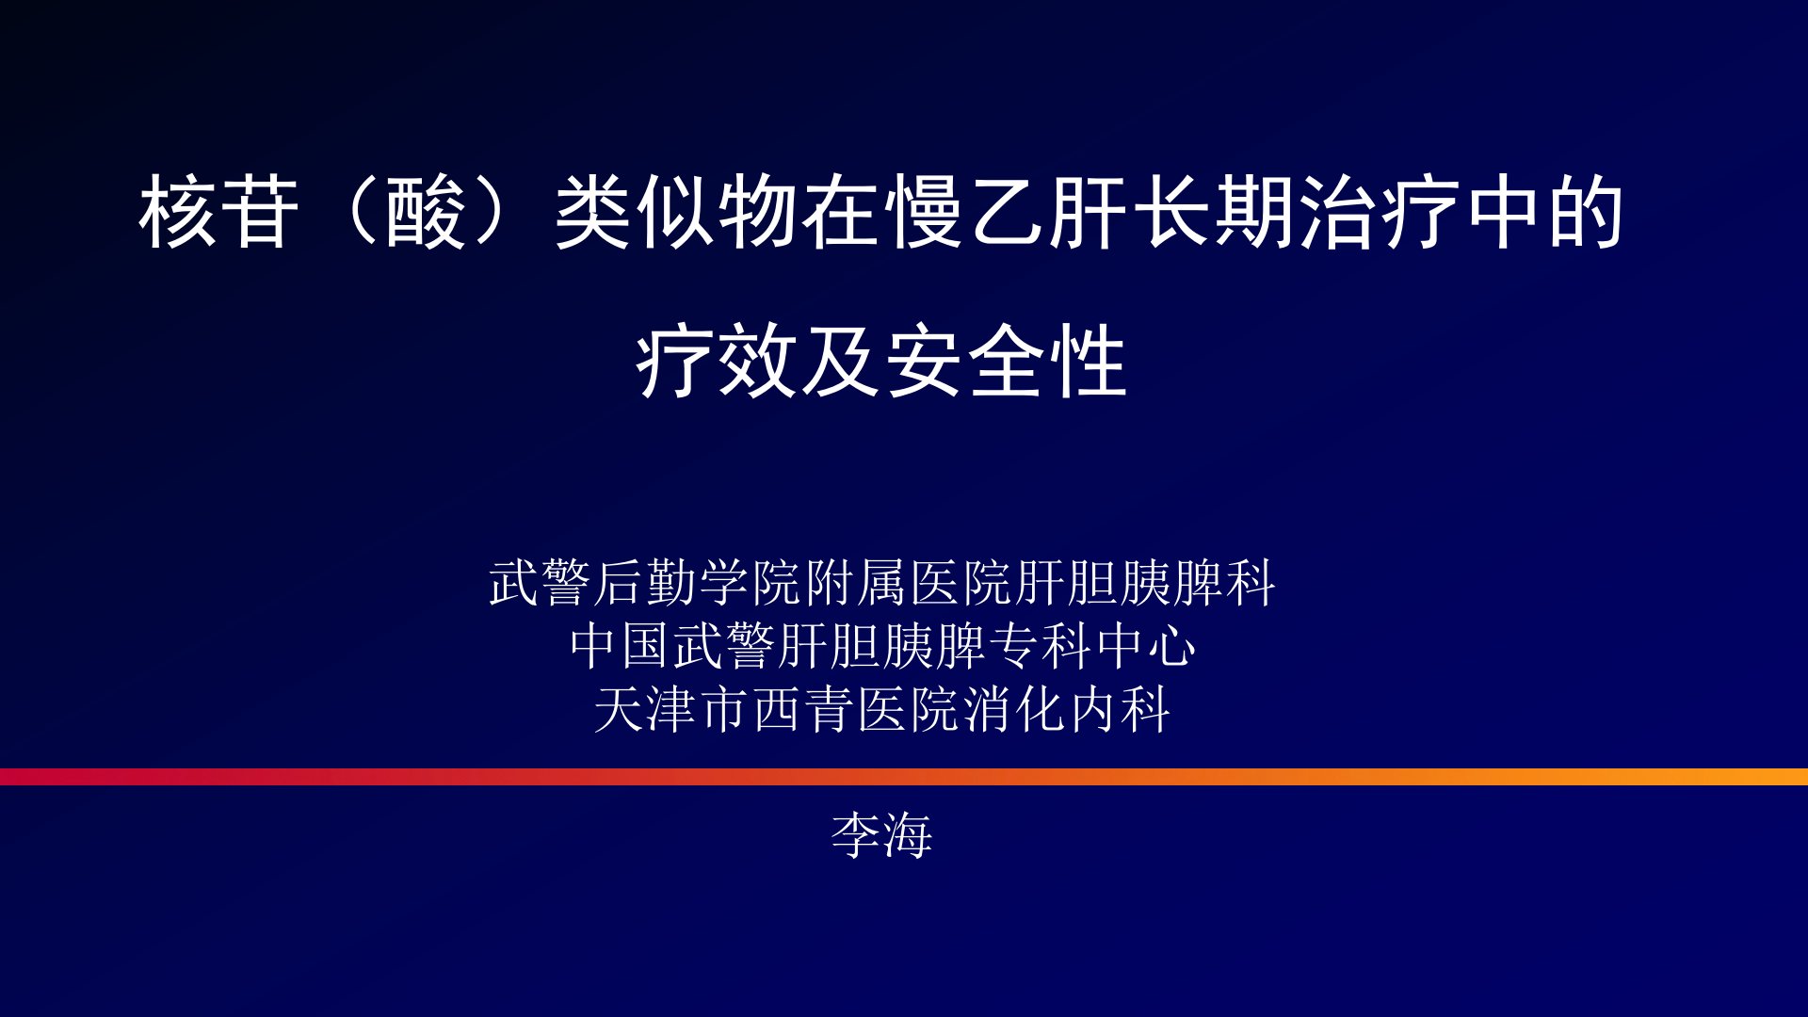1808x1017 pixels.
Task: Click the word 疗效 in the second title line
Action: (x=718, y=363)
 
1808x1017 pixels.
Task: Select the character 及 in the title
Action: (x=841, y=363)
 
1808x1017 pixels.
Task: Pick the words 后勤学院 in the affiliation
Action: (x=698, y=583)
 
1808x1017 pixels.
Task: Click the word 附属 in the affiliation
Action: (x=857, y=583)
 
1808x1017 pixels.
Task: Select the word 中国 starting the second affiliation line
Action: (x=621, y=646)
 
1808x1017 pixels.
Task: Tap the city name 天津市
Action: (x=672, y=709)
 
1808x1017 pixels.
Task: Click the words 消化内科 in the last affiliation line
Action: (x=1067, y=709)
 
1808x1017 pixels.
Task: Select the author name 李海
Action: (x=881, y=835)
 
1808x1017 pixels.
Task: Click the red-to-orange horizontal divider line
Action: (x=904, y=777)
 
